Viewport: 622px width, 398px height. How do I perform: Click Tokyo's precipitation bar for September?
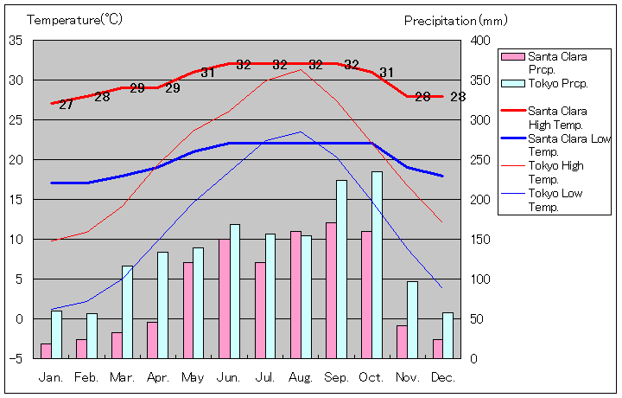[x=341, y=269]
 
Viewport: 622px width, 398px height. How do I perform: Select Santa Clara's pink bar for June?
[x=224, y=298]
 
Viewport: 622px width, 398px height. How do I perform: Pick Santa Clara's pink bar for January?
[x=46, y=350]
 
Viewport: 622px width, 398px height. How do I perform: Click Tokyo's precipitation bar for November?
[x=412, y=319]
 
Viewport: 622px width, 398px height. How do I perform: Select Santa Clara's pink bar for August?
[x=295, y=294]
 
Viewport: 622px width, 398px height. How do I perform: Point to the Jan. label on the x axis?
[x=51, y=377]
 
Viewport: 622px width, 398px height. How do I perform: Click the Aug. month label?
[x=301, y=377]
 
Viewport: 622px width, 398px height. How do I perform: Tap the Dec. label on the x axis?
[x=443, y=377]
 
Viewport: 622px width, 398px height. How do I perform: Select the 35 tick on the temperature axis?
[x=16, y=41]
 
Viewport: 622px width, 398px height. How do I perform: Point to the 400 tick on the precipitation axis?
[x=482, y=41]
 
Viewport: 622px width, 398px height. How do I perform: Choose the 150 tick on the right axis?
[x=482, y=240]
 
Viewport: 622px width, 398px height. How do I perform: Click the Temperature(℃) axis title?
[x=76, y=19]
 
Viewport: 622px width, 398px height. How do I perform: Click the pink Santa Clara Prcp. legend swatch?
[x=513, y=56]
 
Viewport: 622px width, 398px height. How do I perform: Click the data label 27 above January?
[x=66, y=106]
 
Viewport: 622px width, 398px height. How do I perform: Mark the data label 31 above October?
[x=386, y=73]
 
